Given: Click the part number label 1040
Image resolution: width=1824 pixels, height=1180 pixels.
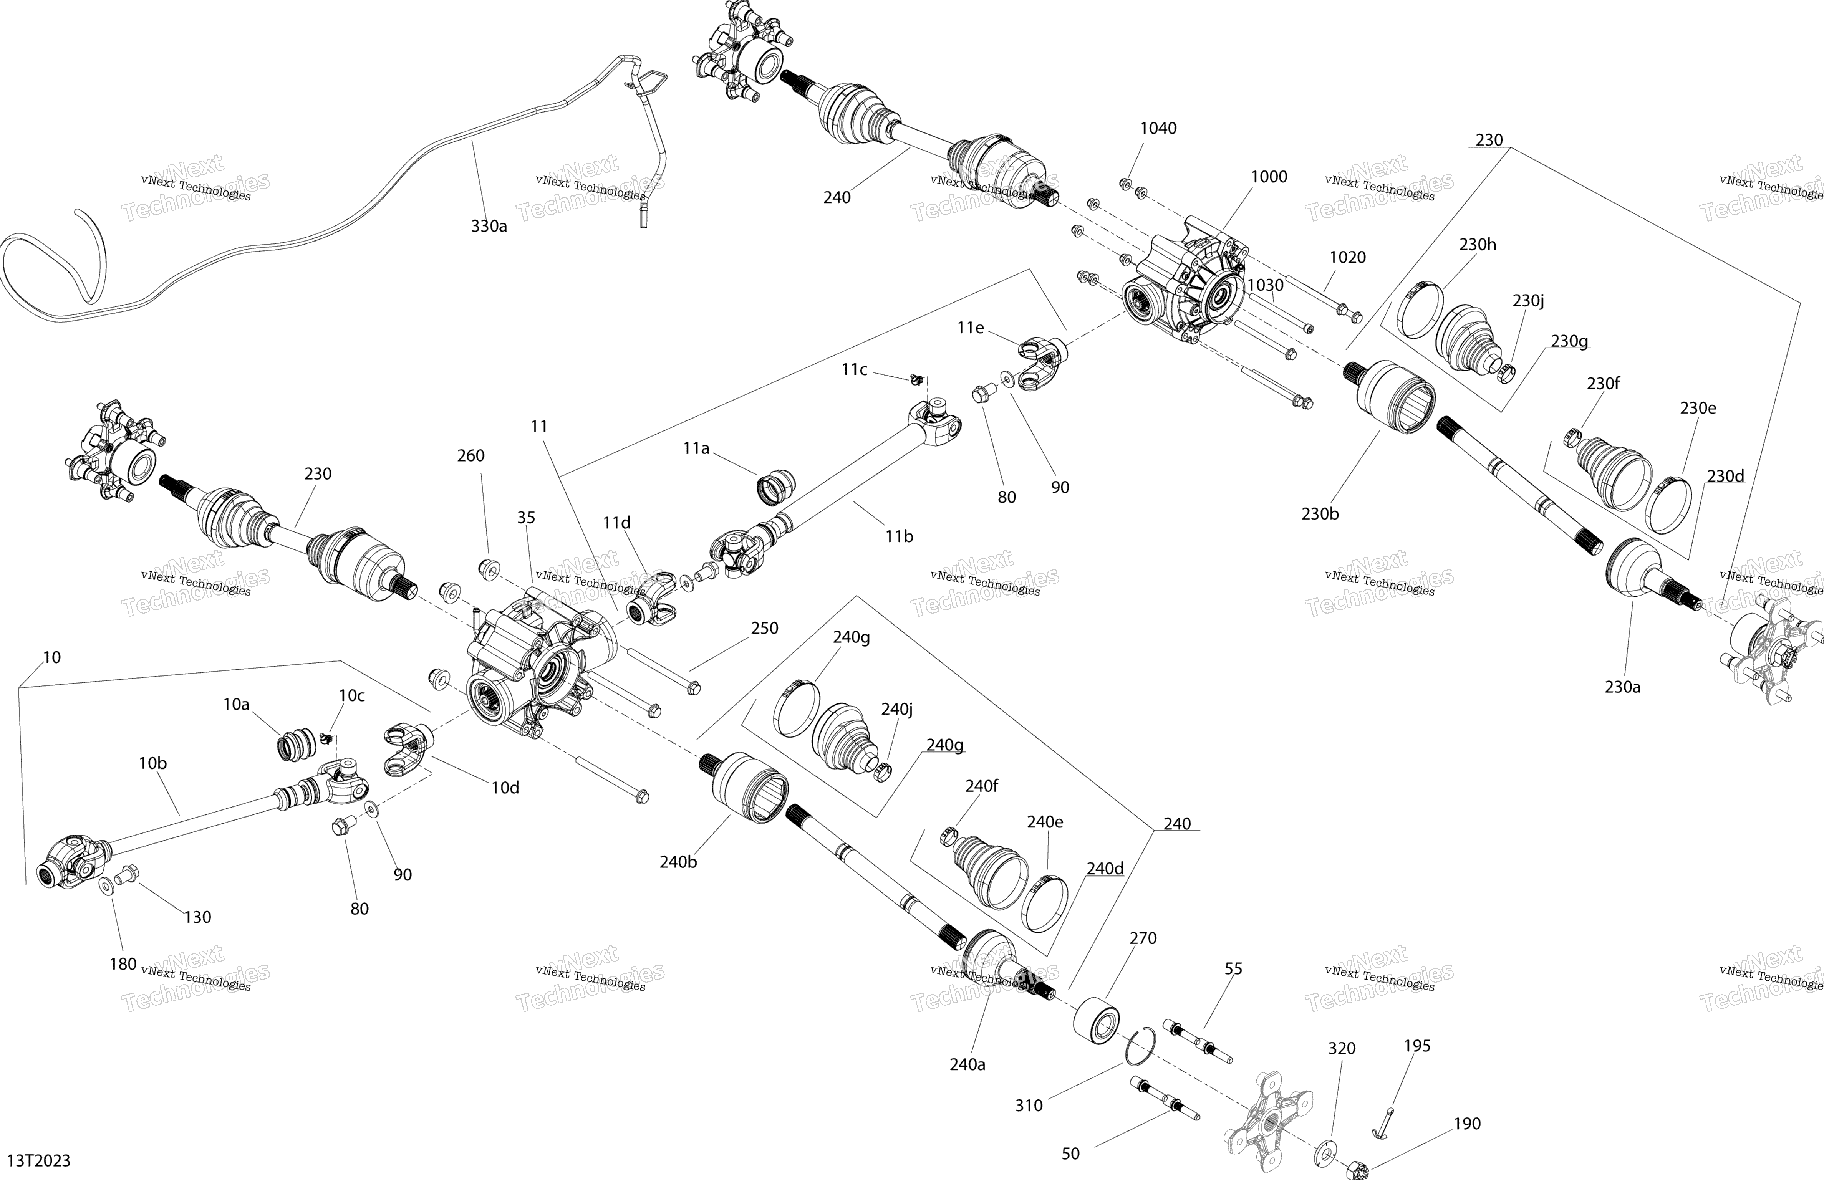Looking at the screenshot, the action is tap(1158, 128).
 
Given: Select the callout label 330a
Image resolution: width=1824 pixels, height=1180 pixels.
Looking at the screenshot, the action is tap(489, 226).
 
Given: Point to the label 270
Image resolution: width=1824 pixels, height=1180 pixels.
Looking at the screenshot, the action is tap(1143, 938).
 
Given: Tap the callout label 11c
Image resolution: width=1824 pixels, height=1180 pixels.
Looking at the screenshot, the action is tap(855, 370).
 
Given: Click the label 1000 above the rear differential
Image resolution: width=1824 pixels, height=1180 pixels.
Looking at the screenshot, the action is tap(1269, 177).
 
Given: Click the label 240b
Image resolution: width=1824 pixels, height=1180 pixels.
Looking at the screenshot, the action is tap(678, 862).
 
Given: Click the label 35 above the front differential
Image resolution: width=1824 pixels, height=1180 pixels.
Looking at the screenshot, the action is tap(526, 518).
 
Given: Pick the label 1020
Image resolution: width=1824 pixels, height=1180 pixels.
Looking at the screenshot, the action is tap(1347, 257).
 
